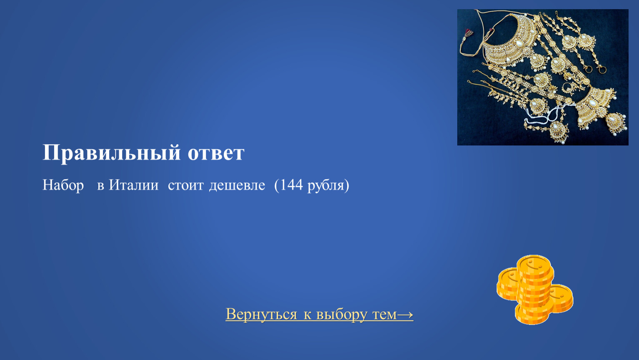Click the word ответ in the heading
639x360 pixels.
[x=216, y=153]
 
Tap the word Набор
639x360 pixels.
[x=63, y=185]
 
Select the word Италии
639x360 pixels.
[x=133, y=185]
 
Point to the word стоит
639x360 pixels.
[x=186, y=185]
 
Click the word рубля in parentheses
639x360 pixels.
[x=326, y=186]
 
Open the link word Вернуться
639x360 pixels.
[x=261, y=314]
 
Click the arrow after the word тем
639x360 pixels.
[x=405, y=315]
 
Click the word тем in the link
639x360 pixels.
[x=385, y=315]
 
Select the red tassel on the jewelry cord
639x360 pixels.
[x=469, y=33]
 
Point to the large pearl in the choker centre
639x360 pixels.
[x=519, y=43]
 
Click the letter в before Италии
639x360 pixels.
[x=100, y=186]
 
